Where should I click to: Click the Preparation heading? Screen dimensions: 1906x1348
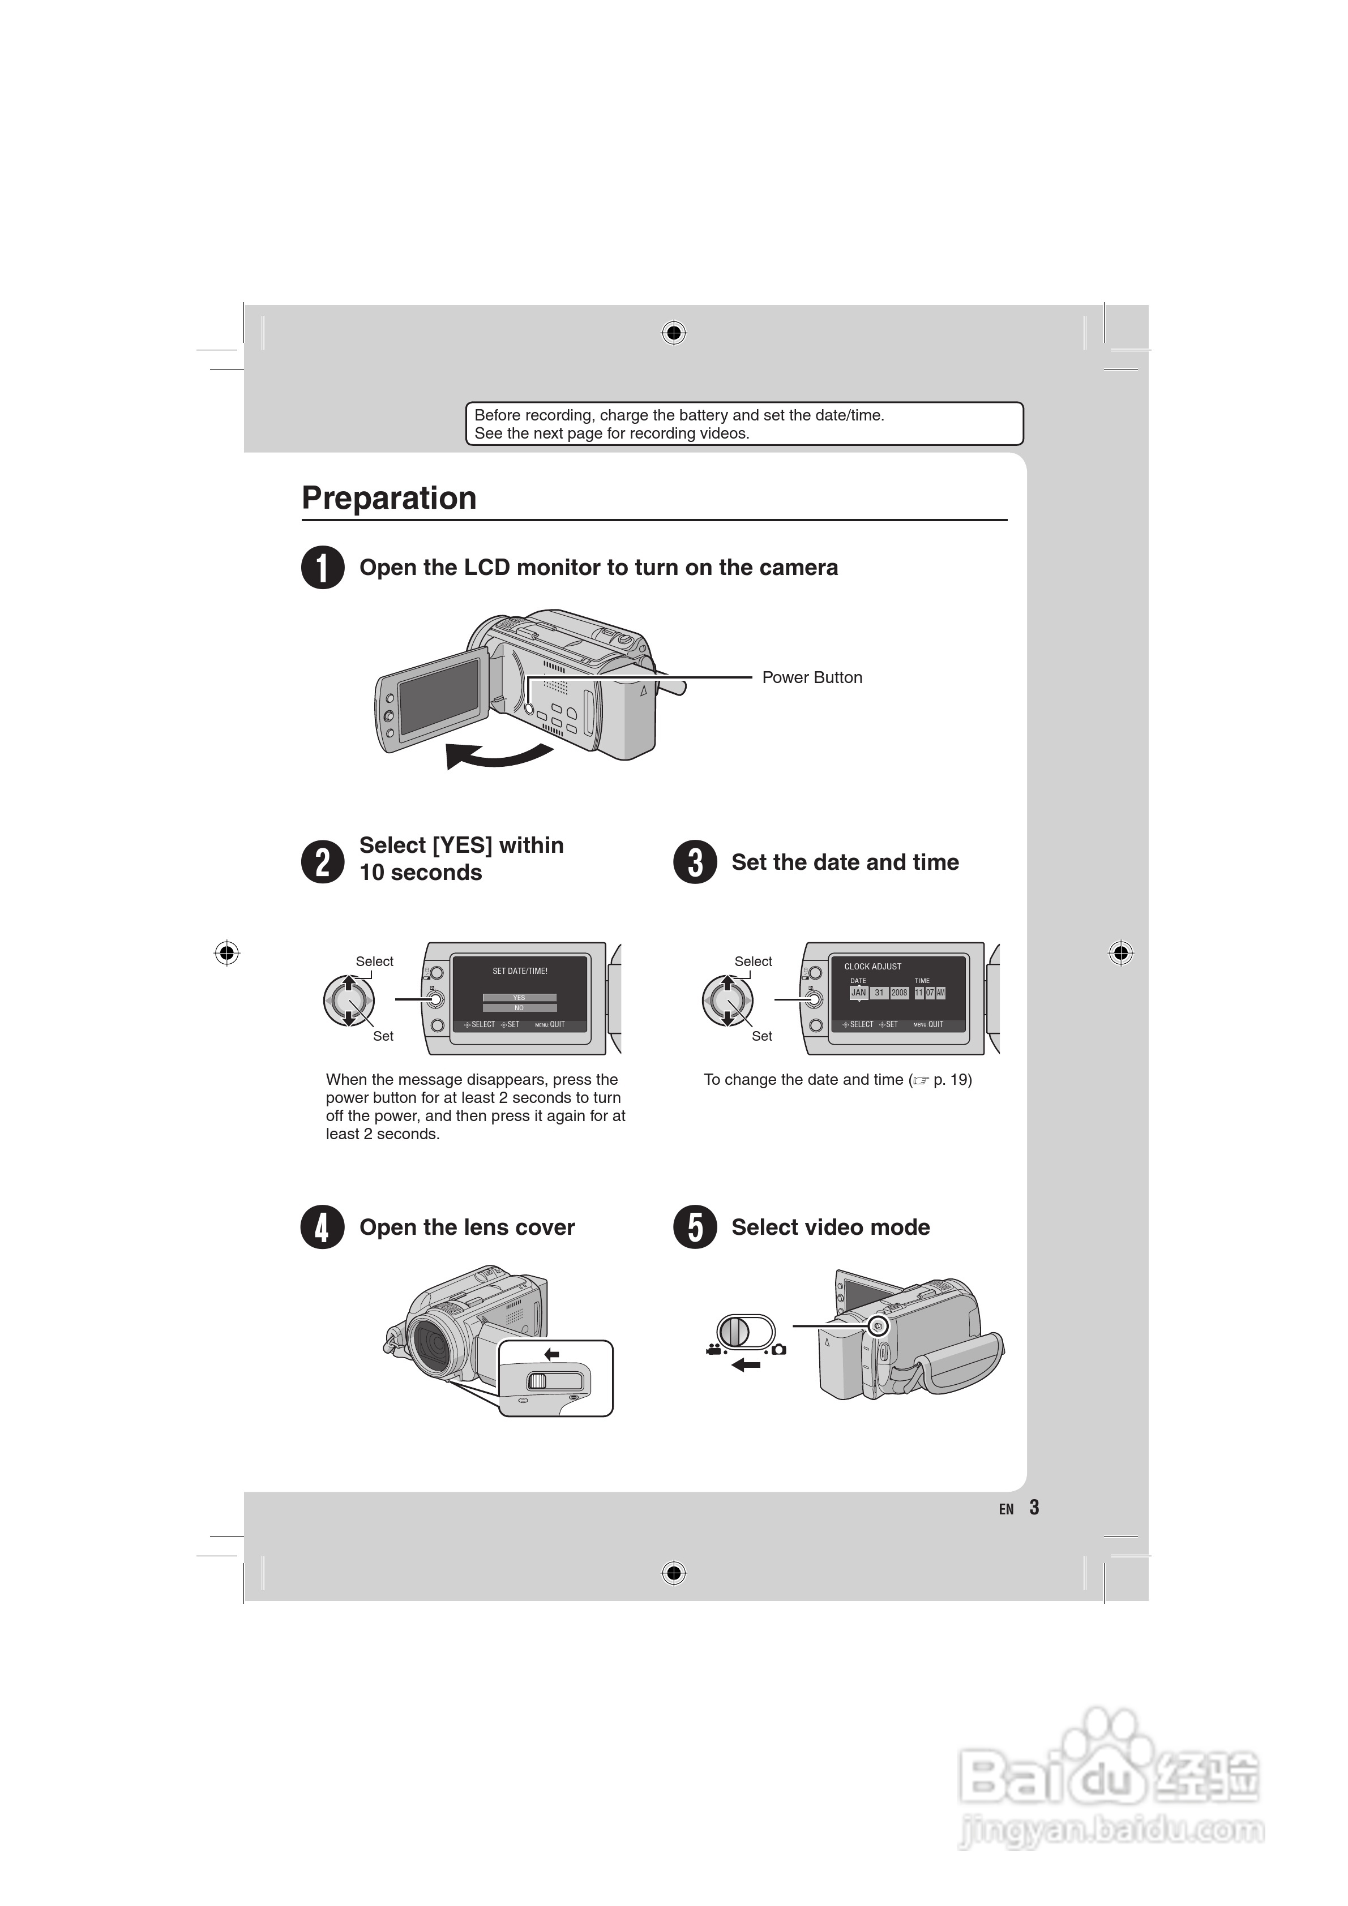tap(389, 498)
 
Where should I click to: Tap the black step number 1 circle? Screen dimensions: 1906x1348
tap(322, 568)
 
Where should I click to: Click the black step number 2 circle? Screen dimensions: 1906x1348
tap(322, 862)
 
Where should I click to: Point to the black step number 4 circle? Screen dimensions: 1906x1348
tap(322, 1227)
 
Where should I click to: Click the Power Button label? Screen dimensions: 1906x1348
tap(811, 677)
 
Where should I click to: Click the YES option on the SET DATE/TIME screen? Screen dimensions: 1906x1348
tap(519, 998)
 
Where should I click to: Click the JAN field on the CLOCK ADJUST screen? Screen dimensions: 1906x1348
tap(858, 993)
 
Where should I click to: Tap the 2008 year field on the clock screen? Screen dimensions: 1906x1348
tap(898, 993)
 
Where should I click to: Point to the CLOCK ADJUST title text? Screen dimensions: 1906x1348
tap(872, 966)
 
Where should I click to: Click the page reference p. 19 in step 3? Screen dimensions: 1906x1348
tap(951, 1080)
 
